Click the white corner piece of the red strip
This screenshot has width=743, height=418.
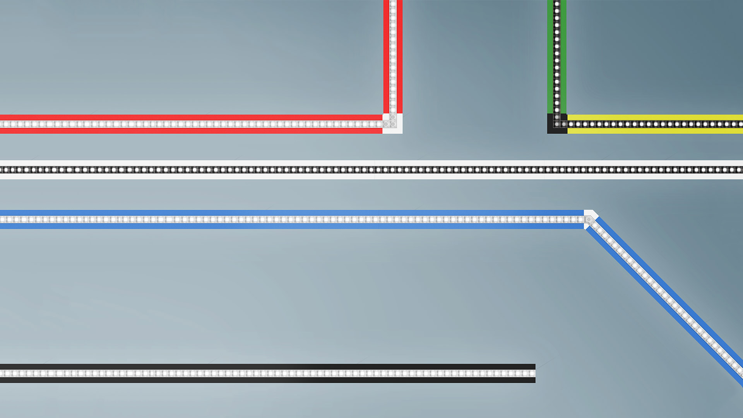point(392,124)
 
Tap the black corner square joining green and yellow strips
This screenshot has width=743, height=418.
point(557,124)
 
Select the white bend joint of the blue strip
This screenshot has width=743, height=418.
point(590,219)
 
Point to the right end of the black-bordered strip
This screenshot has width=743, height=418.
point(533,373)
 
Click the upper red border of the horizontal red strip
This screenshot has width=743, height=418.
point(193,117)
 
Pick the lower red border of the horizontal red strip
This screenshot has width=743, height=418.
point(193,131)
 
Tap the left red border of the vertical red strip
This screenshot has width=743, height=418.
point(386,58)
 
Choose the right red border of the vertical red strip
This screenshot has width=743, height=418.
point(400,58)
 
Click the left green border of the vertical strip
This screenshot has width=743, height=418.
point(550,58)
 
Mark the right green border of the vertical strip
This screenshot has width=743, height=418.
point(564,58)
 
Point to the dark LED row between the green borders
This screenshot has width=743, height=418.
point(557,58)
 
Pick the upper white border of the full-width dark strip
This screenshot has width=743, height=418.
point(371,163)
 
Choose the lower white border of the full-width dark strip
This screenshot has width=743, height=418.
point(371,176)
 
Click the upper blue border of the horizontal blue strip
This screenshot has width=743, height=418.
point(290,212)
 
